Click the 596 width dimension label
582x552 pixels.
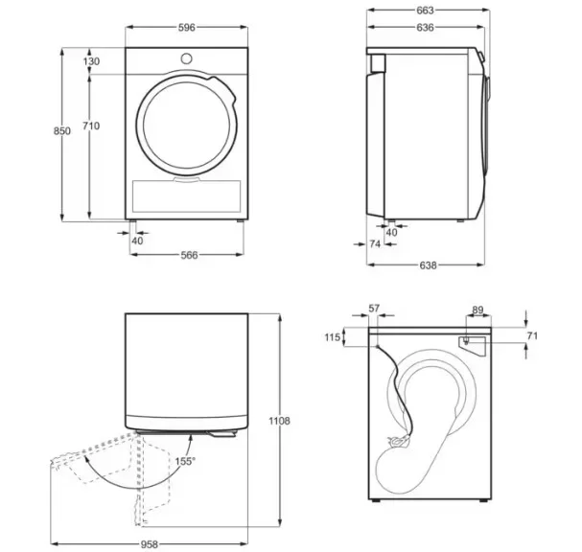186,28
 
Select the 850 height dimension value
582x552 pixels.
62,131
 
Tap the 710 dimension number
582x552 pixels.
91,126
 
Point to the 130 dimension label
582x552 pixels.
91,61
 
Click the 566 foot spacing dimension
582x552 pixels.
189,255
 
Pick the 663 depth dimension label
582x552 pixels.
425,11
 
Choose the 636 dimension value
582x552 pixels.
425,28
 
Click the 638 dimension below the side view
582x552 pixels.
428,265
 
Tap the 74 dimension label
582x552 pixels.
375,244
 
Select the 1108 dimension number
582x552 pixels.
279,421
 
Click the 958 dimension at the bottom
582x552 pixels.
150,544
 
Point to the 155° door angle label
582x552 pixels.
185,462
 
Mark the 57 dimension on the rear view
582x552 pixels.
374,309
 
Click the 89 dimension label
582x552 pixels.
477,310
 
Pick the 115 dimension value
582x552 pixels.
332,337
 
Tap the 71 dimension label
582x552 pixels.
532,335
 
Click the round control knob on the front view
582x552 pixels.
187,58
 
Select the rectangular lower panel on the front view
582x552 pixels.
186,196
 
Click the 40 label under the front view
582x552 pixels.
137,241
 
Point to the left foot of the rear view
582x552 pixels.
376,500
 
